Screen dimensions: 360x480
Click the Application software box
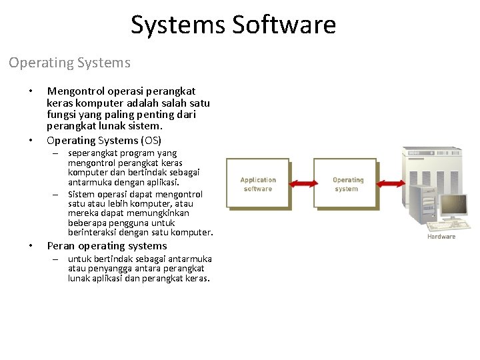click(x=258, y=184)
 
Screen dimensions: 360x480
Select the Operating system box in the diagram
click(x=345, y=184)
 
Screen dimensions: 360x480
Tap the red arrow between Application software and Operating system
click(x=301, y=183)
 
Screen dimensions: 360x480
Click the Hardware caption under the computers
click(x=441, y=237)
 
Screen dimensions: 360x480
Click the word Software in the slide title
click(x=285, y=25)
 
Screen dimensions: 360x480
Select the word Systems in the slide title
click(x=178, y=25)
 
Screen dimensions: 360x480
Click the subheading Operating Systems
click(x=69, y=63)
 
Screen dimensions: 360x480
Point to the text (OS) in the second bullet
click(x=150, y=140)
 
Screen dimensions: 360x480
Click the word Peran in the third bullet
click(x=61, y=245)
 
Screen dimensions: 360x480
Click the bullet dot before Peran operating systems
click(x=31, y=246)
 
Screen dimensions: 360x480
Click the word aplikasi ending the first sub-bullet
click(x=164, y=181)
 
